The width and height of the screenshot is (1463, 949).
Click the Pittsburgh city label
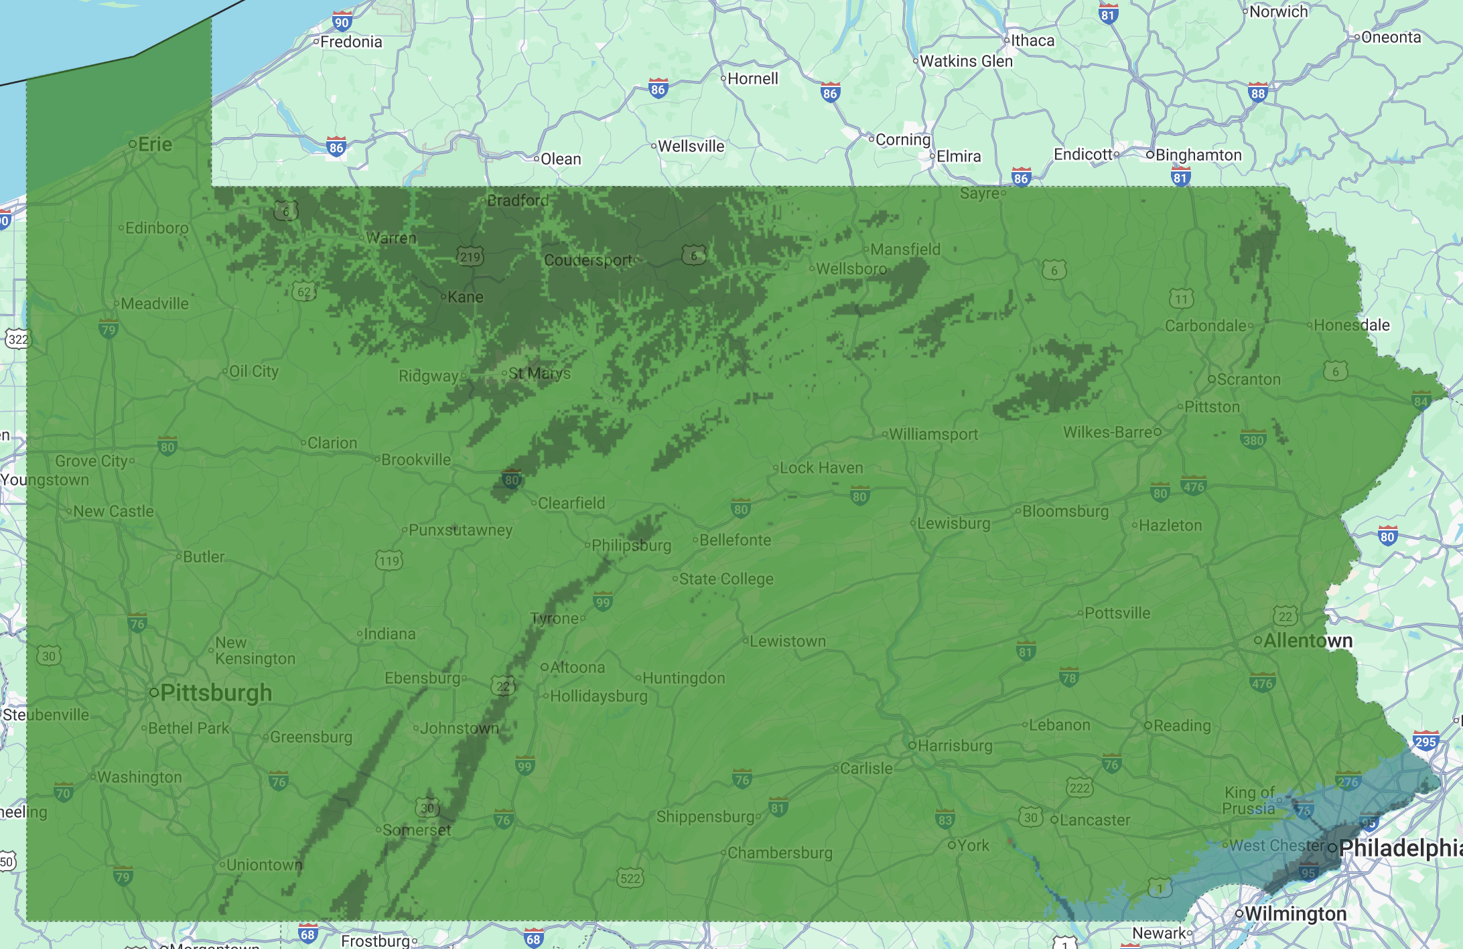tap(216, 692)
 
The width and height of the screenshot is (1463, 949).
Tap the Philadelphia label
tap(1400, 848)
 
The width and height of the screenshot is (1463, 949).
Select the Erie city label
tap(155, 144)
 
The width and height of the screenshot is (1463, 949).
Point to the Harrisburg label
tap(955, 745)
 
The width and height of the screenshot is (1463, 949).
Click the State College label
tap(726, 579)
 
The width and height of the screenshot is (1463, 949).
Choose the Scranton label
tap(1249, 379)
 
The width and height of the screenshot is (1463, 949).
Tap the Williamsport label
tap(933, 434)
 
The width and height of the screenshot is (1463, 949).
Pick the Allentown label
tap(1308, 641)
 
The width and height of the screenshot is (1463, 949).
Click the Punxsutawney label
tap(460, 530)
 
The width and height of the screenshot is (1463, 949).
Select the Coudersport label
tap(588, 260)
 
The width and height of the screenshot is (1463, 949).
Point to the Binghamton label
tap(1198, 155)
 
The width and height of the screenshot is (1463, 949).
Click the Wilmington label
tap(1295, 914)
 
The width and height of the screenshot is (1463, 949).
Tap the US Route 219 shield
tap(470, 256)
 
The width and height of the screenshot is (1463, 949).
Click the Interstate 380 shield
tap(1253, 439)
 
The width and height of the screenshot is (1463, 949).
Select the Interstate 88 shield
tap(1257, 92)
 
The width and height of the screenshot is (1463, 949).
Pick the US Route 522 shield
tap(630, 877)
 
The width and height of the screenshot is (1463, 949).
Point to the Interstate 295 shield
tap(1425, 741)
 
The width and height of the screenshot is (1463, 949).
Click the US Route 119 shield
tap(389, 560)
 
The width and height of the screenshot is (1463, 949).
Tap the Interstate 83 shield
tap(945, 818)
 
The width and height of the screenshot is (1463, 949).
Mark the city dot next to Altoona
tap(545, 667)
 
